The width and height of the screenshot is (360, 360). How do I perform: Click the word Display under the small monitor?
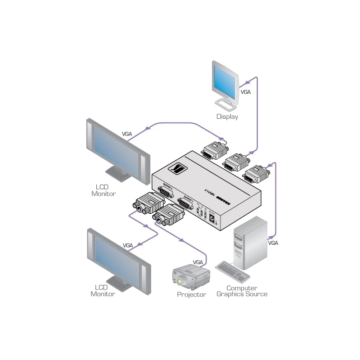pos(227,117)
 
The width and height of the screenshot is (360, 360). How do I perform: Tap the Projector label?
pos(191,294)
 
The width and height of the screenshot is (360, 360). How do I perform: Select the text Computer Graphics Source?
pos(242,291)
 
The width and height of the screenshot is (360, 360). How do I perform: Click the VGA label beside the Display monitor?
pos(246,92)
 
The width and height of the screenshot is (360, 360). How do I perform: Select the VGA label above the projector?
pos(198,262)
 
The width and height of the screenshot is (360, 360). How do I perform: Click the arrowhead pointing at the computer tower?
pos(271,236)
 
